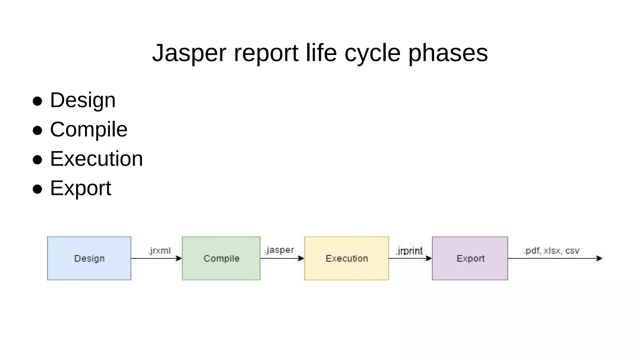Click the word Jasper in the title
189,53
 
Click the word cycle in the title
372,53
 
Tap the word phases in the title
448,53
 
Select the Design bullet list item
83,100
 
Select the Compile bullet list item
89,129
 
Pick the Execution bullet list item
96,159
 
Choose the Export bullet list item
81,188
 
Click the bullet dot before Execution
37,160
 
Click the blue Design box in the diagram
89,258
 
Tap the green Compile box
221,258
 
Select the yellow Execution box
347,258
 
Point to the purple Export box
470,258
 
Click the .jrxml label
160,251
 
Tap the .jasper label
279,250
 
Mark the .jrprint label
409,251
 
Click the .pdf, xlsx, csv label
552,251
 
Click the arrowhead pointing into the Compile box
179,258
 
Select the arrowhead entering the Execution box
301,258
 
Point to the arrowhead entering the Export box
429,258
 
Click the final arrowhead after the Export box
599,258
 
